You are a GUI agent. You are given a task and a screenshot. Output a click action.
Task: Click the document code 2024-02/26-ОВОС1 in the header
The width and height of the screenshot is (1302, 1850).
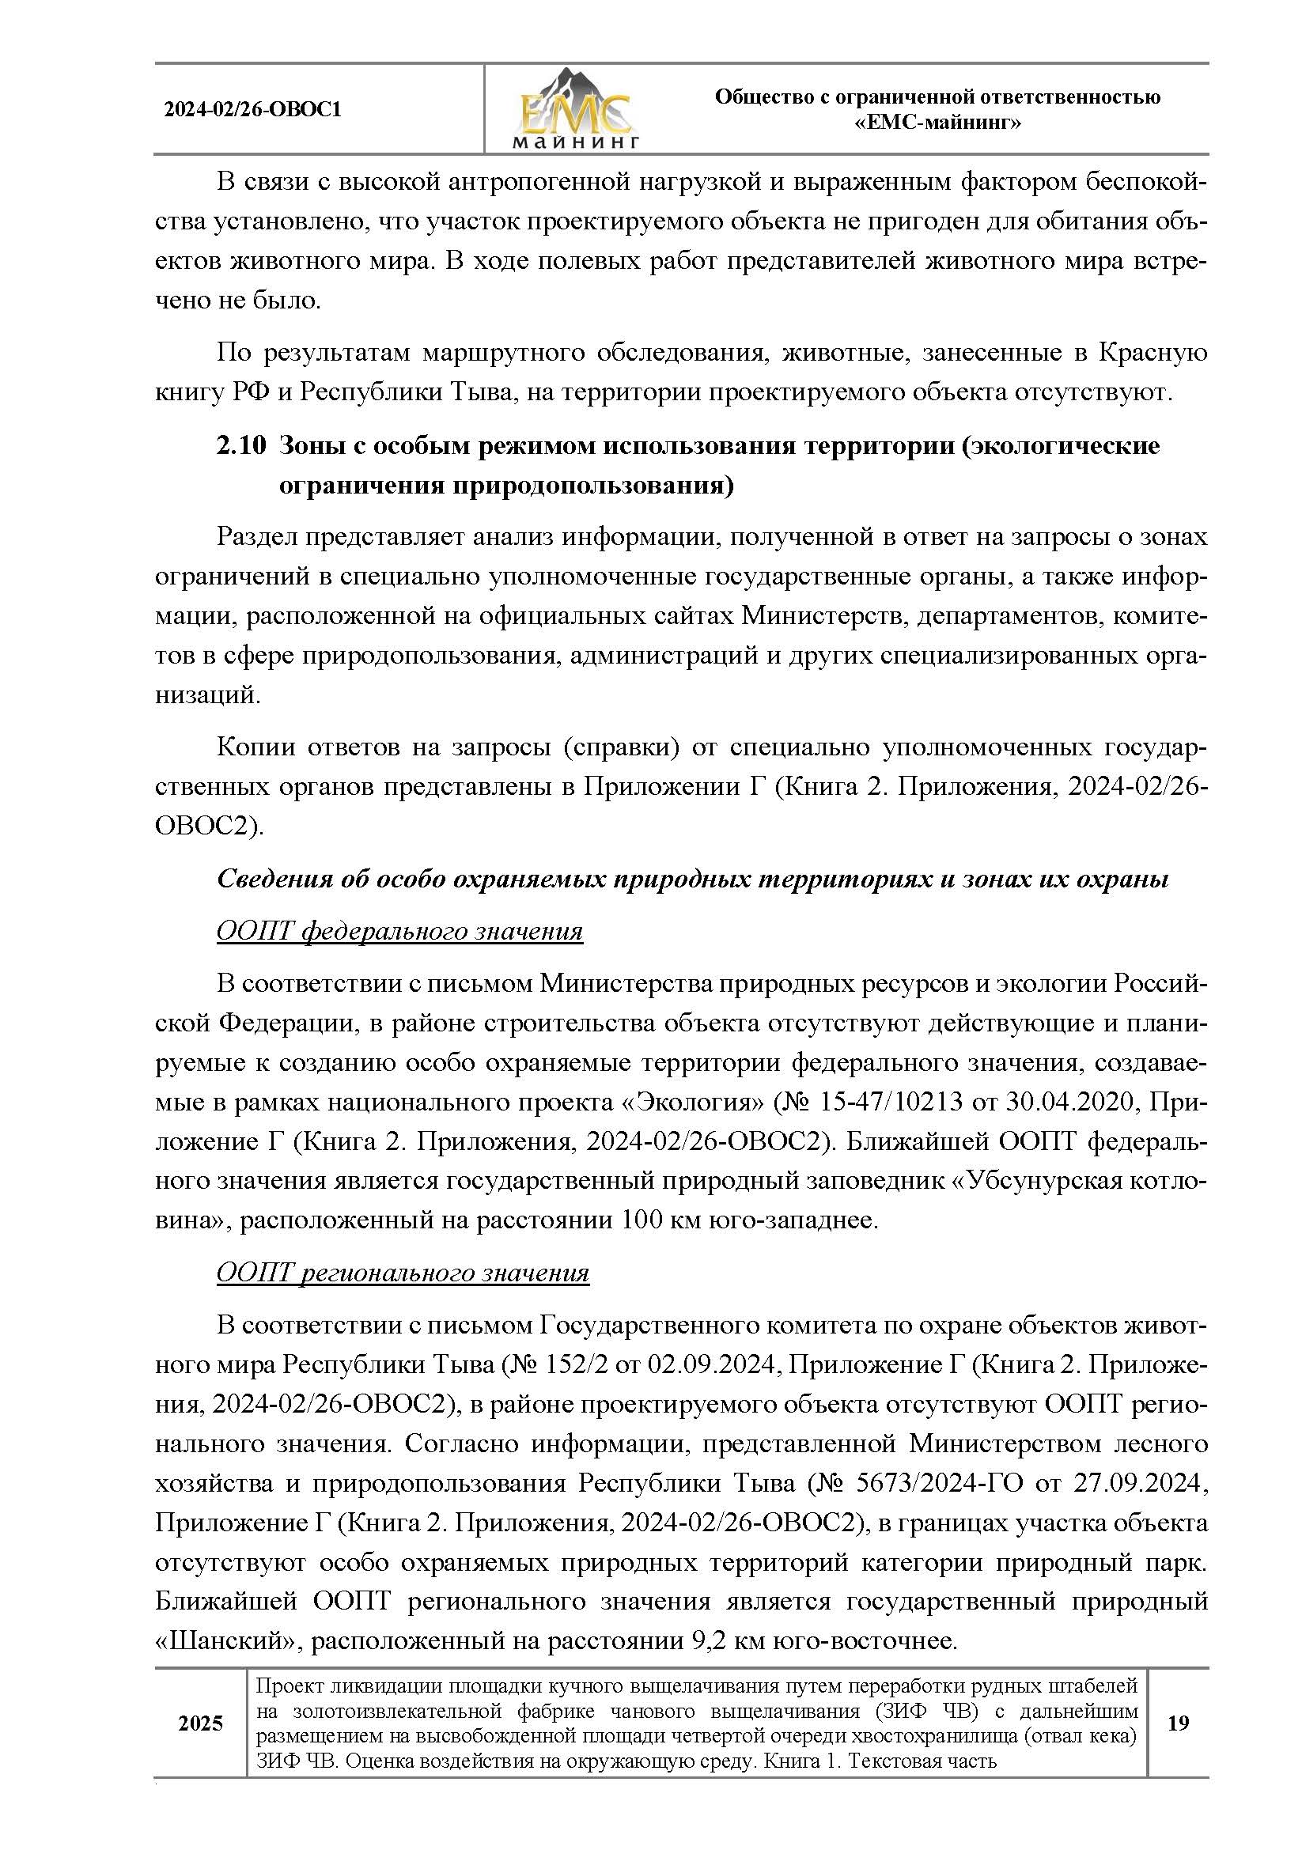pyautogui.click(x=252, y=110)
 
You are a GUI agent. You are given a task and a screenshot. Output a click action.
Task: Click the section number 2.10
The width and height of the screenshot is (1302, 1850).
pyautogui.click(x=240, y=445)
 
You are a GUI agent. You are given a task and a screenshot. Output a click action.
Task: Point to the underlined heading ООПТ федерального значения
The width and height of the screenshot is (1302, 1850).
pyautogui.click(x=399, y=932)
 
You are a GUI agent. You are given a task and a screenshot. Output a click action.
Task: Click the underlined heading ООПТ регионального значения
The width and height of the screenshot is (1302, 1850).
pyautogui.click(x=403, y=1273)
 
